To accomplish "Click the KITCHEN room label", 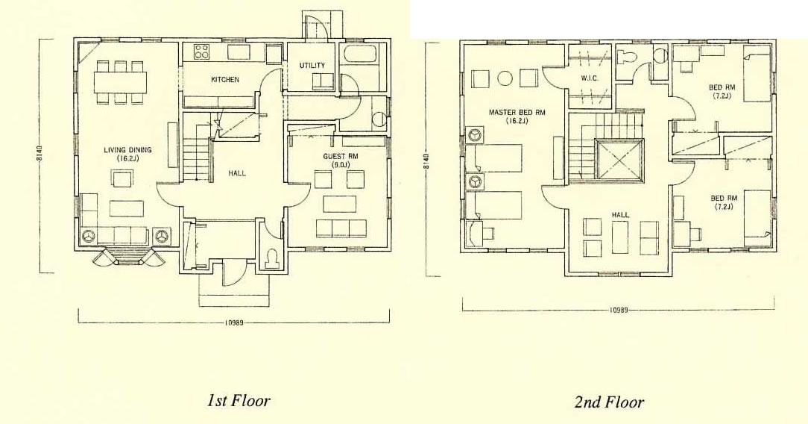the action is point(224,79).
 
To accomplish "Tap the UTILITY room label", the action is point(312,66).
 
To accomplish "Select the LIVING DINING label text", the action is point(127,150).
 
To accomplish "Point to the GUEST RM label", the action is point(341,156).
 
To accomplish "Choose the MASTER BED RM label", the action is point(517,113).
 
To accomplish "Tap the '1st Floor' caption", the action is point(239,400).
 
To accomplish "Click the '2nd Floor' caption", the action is point(609,402).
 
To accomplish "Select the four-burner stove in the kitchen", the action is point(201,52).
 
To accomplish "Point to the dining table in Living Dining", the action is point(120,82).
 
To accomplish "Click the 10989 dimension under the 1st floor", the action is point(234,323).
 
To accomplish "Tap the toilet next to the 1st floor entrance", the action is point(271,258).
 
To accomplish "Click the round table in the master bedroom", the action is point(505,78).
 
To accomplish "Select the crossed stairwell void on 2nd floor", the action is point(619,160).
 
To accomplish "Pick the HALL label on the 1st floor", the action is point(237,173).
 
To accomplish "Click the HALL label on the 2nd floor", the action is point(620,214).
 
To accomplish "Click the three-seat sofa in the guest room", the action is point(341,228).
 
